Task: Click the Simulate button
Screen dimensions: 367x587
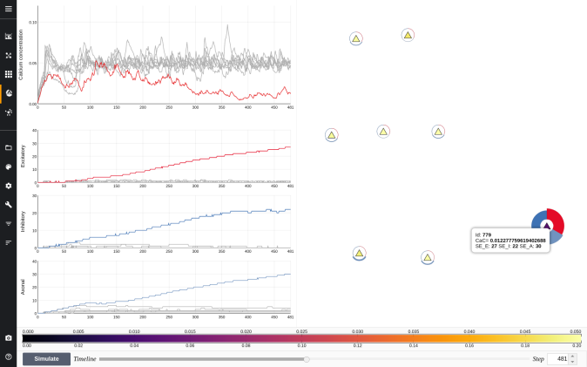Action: point(46,358)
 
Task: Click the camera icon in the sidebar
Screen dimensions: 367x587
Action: point(8,337)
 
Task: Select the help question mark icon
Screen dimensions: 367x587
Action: point(8,357)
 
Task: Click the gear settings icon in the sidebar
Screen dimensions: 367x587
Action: point(8,186)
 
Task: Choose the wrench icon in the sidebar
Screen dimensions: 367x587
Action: point(8,205)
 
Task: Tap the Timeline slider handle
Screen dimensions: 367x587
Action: point(306,358)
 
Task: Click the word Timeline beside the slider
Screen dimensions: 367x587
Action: point(84,358)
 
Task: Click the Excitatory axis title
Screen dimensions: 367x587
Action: point(23,157)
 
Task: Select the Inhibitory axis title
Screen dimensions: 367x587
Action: point(23,221)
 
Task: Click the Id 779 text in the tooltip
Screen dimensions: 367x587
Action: point(482,234)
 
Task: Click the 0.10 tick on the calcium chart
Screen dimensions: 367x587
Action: point(33,21)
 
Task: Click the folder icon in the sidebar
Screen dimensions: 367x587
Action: point(8,147)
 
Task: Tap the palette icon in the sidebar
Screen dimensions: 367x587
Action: point(8,167)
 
